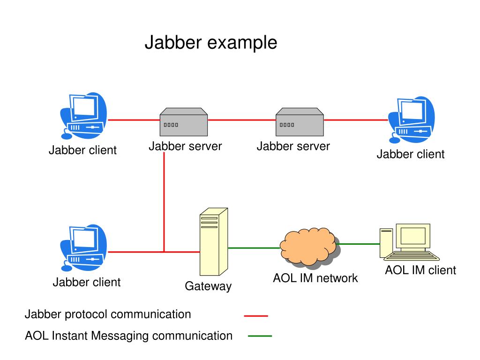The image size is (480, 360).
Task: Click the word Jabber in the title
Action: (x=173, y=43)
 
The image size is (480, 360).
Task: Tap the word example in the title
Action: (x=242, y=43)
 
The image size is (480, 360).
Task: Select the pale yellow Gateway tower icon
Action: (x=214, y=242)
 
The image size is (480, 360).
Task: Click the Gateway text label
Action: (x=208, y=286)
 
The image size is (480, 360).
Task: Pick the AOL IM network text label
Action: (x=315, y=278)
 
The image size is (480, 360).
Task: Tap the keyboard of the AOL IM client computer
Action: (x=412, y=256)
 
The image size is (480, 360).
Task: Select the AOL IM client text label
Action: (x=420, y=270)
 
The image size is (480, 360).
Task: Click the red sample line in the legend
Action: (x=256, y=315)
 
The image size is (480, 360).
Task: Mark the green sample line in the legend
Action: (x=260, y=336)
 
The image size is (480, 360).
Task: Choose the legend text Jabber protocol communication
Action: (x=108, y=315)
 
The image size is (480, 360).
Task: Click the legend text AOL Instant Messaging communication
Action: (x=128, y=336)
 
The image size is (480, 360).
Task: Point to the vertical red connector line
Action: (x=164, y=202)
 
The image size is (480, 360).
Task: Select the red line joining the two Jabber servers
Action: (x=242, y=120)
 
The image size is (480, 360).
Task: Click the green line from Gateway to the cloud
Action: (x=254, y=248)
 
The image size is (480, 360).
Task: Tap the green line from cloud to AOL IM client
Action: (x=358, y=244)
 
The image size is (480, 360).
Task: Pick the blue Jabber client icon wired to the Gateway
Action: (x=83, y=248)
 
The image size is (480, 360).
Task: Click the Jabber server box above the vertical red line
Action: (x=184, y=122)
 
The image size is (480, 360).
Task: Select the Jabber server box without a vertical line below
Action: (x=300, y=122)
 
